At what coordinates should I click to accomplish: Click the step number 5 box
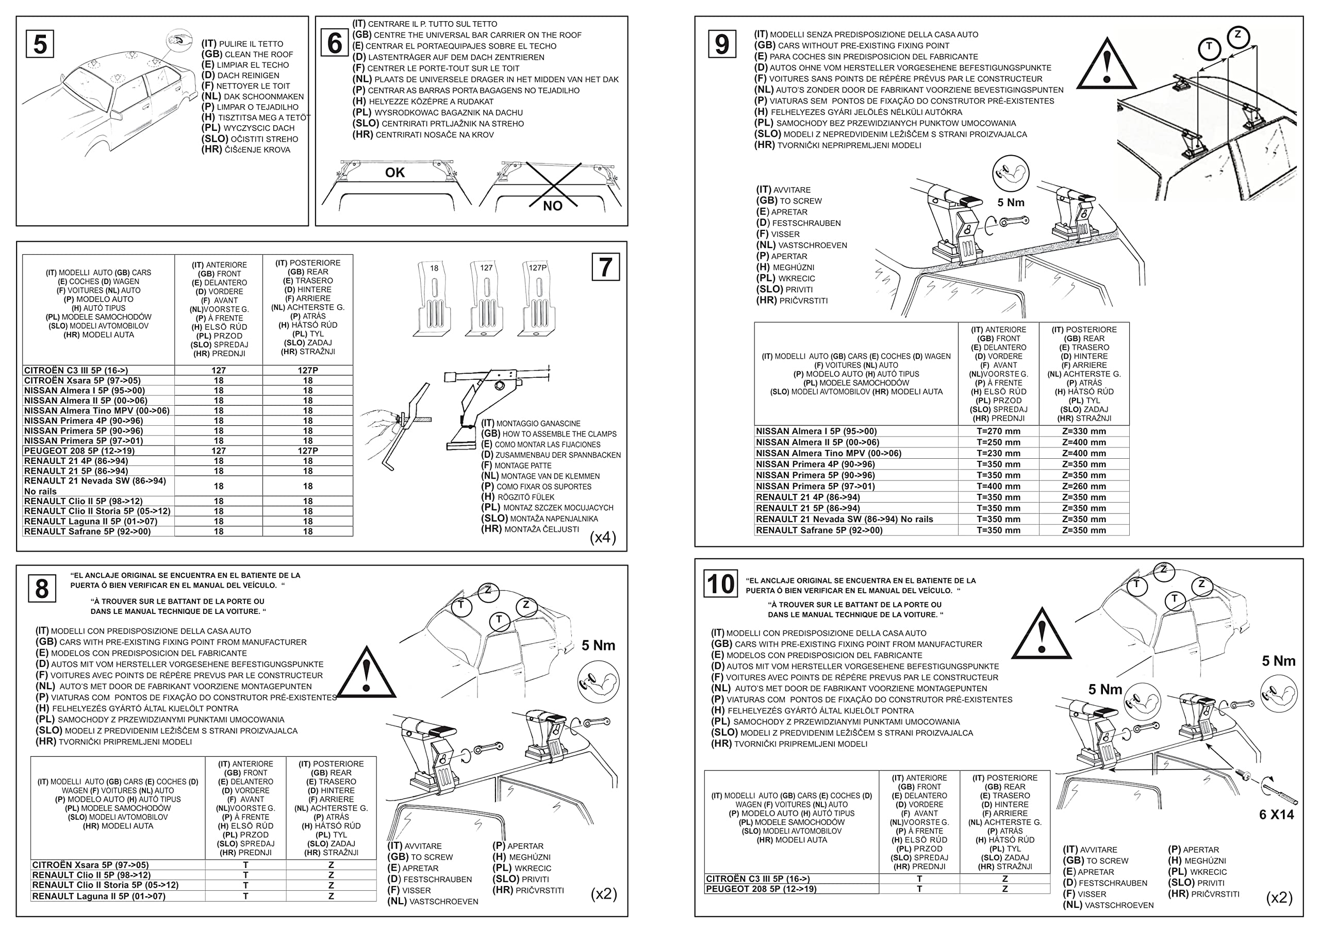40,44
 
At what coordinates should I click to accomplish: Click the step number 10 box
720,584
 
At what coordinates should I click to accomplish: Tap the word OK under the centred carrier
395,173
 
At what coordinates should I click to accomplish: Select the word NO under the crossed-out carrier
552,206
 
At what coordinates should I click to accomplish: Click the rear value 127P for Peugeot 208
308,451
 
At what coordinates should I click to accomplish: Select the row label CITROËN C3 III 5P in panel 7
76,371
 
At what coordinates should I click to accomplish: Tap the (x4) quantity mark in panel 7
603,537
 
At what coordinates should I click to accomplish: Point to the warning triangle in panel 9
1106,65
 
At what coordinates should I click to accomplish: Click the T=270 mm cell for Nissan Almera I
998,431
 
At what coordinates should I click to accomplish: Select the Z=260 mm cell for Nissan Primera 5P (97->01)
1084,486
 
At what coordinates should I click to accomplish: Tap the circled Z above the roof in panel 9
1238,36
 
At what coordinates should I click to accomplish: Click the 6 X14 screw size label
1276,814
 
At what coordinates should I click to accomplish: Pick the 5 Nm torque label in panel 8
598,645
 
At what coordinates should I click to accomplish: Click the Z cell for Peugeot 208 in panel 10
1004,889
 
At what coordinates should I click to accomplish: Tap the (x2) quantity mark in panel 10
1279,897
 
